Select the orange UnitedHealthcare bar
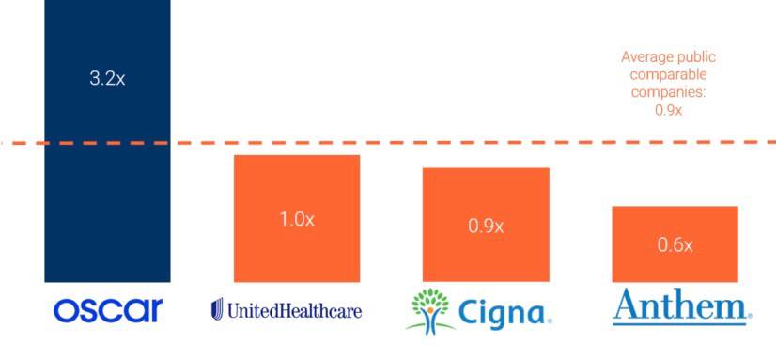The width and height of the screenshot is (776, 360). (296, 254)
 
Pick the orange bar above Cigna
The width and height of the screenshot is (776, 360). (485, 258)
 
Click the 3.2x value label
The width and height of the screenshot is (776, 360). (107, 78)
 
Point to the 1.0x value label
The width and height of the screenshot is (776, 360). (296, 218)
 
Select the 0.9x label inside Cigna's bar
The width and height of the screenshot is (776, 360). (486, 227)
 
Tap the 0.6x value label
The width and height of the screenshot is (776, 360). (675, 245)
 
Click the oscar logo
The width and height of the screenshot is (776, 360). (108, 309)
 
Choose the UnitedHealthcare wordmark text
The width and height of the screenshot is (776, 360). (294, 310)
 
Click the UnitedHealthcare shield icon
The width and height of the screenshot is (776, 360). (217, 308)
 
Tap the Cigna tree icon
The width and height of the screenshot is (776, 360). (427, 310)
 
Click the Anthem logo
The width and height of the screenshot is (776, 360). (681, 307)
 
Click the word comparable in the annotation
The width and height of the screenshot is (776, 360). (669, 73)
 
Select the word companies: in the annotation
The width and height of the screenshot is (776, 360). (669, 91)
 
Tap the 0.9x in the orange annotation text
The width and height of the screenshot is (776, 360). (668, 109)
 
